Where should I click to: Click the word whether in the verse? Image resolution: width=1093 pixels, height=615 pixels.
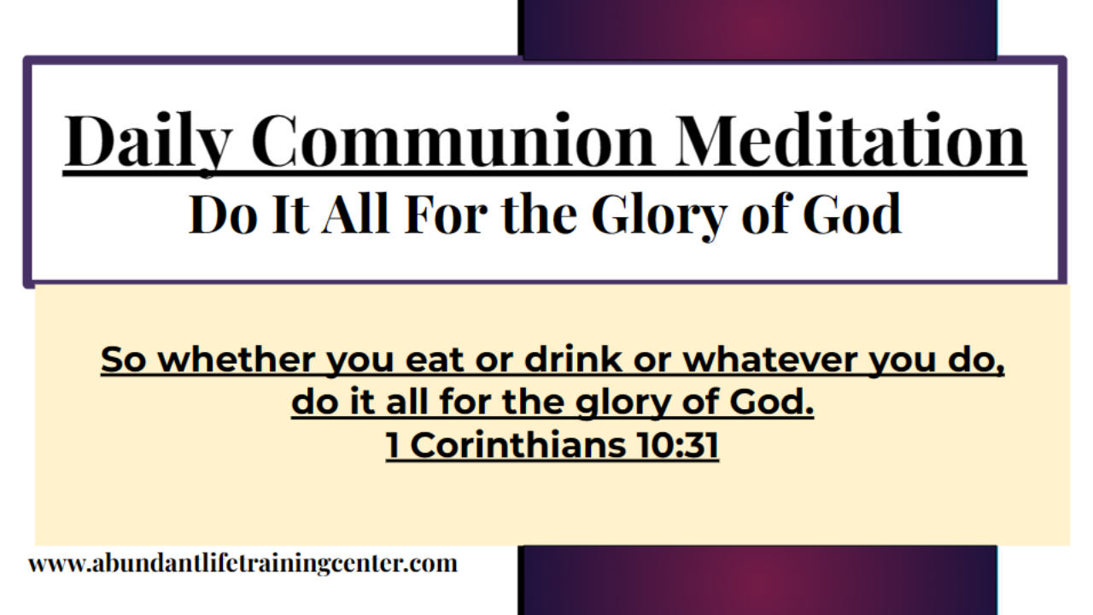click(240, 360)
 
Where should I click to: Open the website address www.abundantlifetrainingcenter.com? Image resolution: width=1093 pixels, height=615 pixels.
click(243, 564)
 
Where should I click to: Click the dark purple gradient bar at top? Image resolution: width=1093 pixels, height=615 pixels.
click(757, 27)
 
